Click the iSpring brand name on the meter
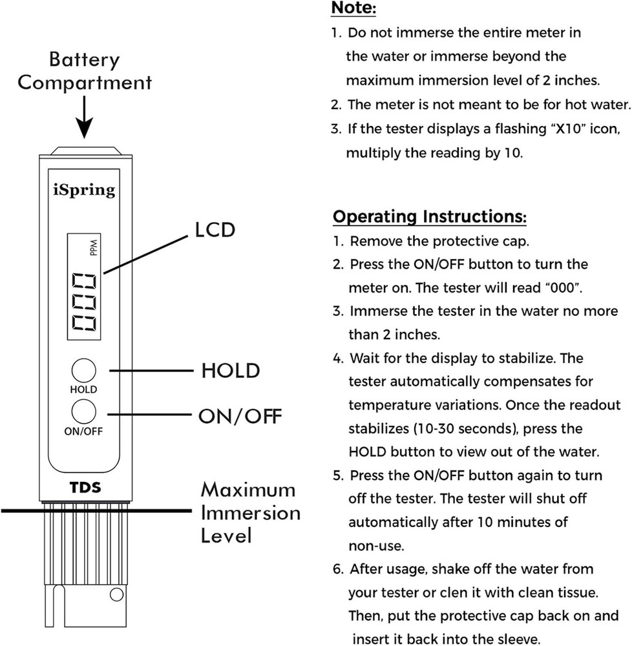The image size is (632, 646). tap(84, 190)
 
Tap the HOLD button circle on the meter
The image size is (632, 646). tap(84, 371)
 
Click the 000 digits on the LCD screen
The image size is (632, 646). tap(85, 302)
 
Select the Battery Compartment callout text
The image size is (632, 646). tap(85, 71)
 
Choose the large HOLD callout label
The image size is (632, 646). tap(230, 371)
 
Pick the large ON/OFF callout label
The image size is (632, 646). tap(240, 415)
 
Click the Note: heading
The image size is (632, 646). tap(353, 8)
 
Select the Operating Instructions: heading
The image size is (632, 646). tap(430, 216)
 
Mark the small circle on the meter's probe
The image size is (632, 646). tap(116, 594)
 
